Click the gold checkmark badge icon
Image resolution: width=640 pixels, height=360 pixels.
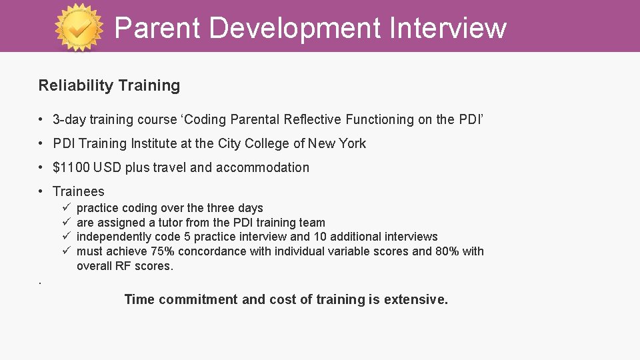79,27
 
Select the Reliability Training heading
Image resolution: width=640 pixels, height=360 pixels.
109,85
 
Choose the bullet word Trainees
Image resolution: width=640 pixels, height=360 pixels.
78,191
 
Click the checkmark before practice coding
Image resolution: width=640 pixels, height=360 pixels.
67,208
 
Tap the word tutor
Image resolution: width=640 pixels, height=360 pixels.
171,223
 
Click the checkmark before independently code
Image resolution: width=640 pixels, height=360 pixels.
67,237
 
